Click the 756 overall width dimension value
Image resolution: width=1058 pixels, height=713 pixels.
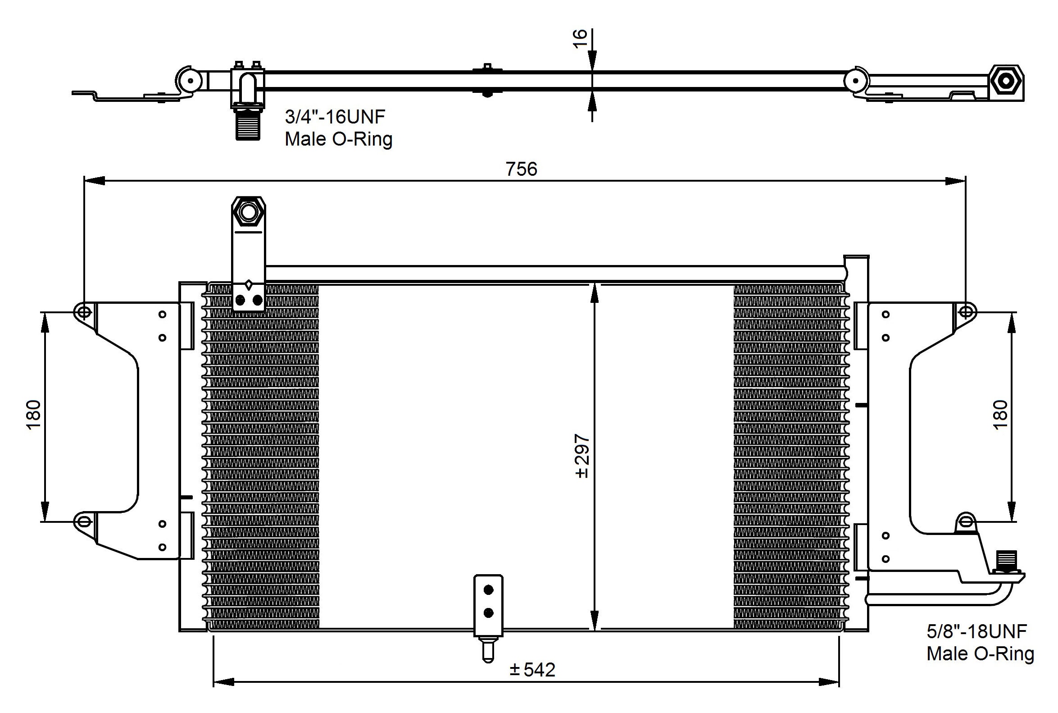click(521, 169)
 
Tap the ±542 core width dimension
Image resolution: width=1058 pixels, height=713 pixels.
click(532, 670)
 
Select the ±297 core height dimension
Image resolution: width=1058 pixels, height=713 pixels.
click(582, 456)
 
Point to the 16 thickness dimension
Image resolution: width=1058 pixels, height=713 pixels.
click(580, 39)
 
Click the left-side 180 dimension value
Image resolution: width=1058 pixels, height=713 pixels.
click(34, 414)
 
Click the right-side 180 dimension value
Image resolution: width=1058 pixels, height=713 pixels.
click(1000, 414)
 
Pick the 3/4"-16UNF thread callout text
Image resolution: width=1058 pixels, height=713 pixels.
click(335, 117)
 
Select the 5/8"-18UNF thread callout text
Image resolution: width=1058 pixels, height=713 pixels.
click(976, 631)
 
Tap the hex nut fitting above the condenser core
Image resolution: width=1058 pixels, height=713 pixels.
click(248, 211)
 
